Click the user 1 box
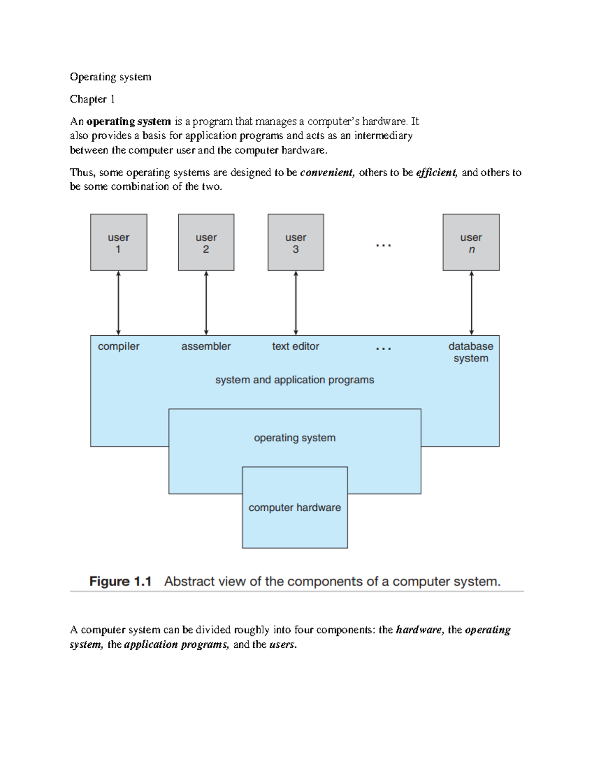coord(118,242)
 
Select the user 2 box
coord(206,242)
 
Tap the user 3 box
coord(296,242)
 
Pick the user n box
coord(471,242)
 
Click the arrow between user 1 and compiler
coord(118,303)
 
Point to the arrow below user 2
coord(206,303)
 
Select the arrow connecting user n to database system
coord(471,303)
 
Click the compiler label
coord(118,346)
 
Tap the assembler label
coord(206,346)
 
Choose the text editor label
coord(296,346)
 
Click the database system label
coord(471,352)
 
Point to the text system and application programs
coord(295,380)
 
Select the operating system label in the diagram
coord(295,438)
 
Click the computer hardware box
coord(295,508)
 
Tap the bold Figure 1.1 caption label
coord(120,581)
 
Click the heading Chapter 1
coord(92,99)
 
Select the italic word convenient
coord(327,172)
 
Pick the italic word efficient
coord(437,172)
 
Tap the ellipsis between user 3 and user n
coord(384,245)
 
